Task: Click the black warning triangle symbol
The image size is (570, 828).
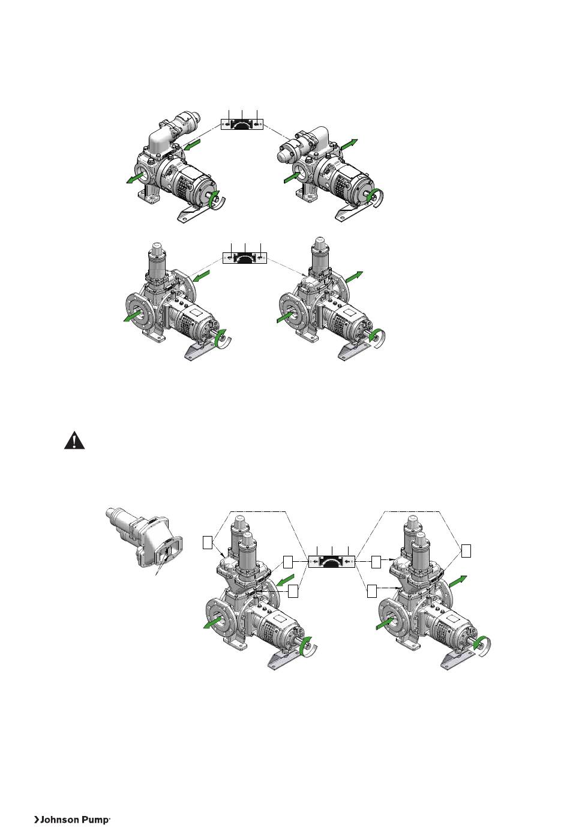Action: [74, 440]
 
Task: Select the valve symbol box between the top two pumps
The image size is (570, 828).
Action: [242, 124]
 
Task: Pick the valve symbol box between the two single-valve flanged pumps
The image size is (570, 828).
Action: [244, 258]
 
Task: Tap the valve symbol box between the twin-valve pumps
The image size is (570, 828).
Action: [332, 561]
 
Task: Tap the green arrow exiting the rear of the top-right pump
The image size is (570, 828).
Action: [349, 144]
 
